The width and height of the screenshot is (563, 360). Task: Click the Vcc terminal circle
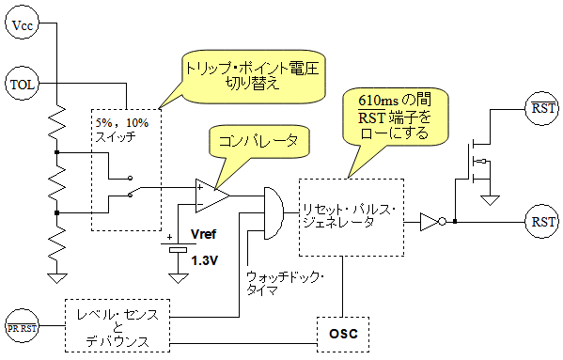(22, 24)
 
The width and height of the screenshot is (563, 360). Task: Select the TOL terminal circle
(22, 84)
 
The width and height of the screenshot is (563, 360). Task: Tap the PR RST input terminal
(22, 327)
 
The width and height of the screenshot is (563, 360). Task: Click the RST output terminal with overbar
(542, 108)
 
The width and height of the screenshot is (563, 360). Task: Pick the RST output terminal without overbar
(542, 222)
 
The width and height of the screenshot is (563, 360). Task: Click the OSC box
(343, 335)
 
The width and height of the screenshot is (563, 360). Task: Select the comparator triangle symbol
(212, 196)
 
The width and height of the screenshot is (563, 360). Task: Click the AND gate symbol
(274, 212)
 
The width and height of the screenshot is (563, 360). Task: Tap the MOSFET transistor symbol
(477, 163)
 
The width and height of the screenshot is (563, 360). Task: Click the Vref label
(204, 234)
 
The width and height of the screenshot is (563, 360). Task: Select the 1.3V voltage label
(204, 260)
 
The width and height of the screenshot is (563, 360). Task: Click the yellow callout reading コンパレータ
(258, 141)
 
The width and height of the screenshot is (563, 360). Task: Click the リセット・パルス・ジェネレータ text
(349, 216)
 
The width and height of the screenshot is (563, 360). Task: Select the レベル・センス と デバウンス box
(117, 325)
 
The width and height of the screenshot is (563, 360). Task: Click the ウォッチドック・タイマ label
(286, 284)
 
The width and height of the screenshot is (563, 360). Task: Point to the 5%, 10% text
(122, 123)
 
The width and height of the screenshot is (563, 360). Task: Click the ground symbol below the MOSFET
(490, 200)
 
